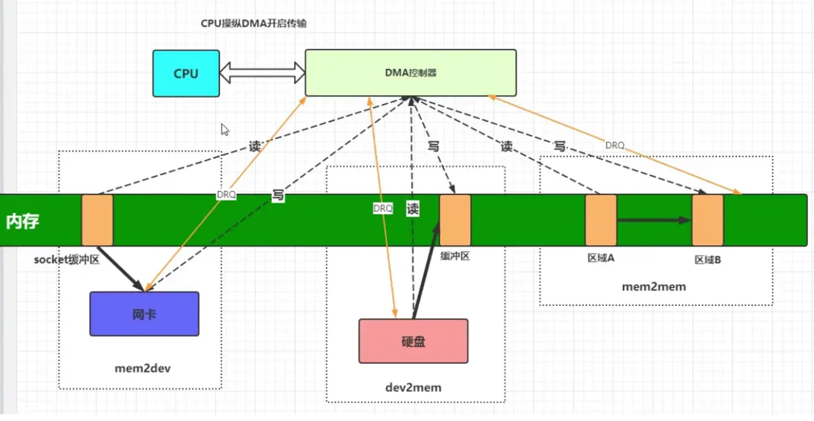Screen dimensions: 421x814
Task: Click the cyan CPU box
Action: tap(186, 74)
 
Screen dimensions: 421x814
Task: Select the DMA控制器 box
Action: tap(411, 73)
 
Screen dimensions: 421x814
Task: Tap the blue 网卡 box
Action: tap(145, 314)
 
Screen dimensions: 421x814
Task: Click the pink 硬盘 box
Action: tap(413, 342)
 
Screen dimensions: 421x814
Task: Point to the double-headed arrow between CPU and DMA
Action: tap(263, 73)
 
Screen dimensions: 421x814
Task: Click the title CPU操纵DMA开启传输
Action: tap(254, 23)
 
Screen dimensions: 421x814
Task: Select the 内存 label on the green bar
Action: tap(22, 221)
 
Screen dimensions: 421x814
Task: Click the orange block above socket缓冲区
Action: tap(97, 220)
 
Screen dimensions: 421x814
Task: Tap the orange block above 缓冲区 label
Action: tap(455, 220)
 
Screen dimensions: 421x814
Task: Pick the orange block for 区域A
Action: tap(601, 220)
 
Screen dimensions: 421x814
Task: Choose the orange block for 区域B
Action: tap(707, 220)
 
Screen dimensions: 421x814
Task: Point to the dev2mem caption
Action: tap(413, 387)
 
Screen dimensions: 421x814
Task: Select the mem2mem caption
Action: tap(655, 286)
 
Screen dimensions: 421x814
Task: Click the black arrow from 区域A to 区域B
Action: tap(654, 220)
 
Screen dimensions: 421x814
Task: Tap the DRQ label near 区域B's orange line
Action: tap(615, 145)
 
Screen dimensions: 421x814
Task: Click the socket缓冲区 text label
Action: tap(66, 260)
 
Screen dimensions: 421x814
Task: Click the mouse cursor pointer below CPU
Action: tap(225, 129)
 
